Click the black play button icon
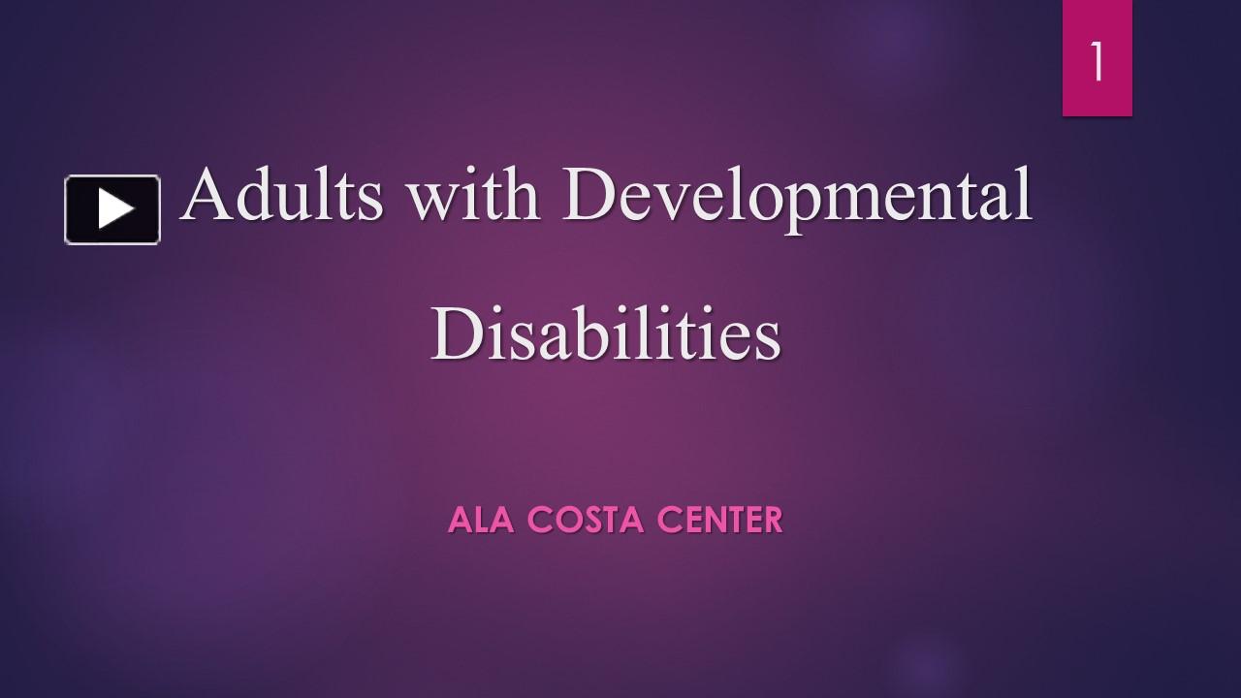tap(112, 209)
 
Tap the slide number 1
tap(1097, 61)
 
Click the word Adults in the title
tap(282, 193)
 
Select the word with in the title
tap(474, 193)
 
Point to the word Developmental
tap(797, 200)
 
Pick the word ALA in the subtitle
tap(481, 520)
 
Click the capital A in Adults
tap(207, 193)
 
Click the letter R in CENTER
tap(772, 520)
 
